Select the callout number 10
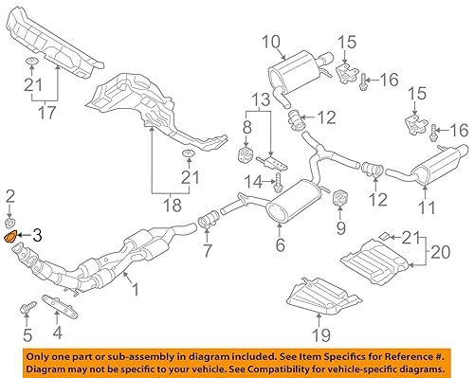click(271, 41)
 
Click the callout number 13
click(260, 99)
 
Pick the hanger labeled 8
click(245, 154)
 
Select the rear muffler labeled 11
click(428, 169)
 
